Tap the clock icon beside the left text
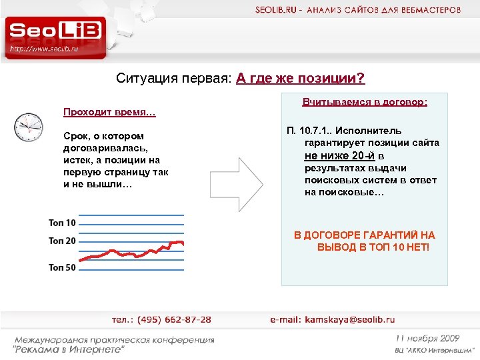[28, 125]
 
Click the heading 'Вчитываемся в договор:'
[365, 103]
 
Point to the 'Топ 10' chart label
[62, 222]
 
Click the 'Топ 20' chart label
[62, 241]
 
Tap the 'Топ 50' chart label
[62, 267]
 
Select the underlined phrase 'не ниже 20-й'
[339, 155]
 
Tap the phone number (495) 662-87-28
[171, 320]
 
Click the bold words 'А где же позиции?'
[301, 79]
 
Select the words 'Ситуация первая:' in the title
[174, 79]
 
